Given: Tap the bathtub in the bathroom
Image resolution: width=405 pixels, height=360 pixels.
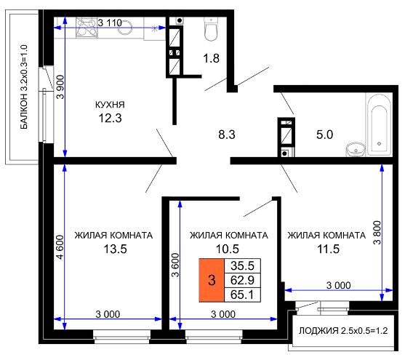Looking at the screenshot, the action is (379, 125).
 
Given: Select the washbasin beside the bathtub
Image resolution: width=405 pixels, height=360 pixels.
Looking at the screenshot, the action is (356, 149).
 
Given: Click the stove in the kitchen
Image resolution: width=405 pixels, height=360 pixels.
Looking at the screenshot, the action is (87, 28).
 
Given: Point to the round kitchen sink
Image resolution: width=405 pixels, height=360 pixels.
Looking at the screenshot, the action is (125, 28).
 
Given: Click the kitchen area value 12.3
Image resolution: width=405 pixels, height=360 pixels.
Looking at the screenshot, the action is (110, 118).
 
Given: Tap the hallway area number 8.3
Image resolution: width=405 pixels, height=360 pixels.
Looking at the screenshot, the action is (227, 135).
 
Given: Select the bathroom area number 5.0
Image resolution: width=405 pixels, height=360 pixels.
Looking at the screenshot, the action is (325, 135).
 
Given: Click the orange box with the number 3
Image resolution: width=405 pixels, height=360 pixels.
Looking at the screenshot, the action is (212, 280).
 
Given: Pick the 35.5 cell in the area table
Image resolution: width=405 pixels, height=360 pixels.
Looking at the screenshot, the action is (242, 265).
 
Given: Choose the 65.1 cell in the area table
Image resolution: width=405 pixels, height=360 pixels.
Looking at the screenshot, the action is (242, 295).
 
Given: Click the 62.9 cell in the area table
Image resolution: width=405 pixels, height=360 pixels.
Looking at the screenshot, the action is (242, 280).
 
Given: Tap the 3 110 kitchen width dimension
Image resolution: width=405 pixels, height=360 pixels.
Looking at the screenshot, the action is (110, 23).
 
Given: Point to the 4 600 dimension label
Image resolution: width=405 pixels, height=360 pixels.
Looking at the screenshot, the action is (60, 247).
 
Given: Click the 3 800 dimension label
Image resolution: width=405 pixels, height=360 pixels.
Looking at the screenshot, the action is (377, 233).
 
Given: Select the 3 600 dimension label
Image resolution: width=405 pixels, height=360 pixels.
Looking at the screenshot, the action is (175, 265).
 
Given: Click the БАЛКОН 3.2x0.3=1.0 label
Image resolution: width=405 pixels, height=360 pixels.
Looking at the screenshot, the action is (24, 87).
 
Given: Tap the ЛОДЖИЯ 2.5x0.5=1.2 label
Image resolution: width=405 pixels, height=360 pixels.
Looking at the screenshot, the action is (343, 330).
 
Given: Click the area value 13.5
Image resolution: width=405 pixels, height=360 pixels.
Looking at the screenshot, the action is (115, 249).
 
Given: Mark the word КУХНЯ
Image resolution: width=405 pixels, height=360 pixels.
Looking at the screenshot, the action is (110, 105).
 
